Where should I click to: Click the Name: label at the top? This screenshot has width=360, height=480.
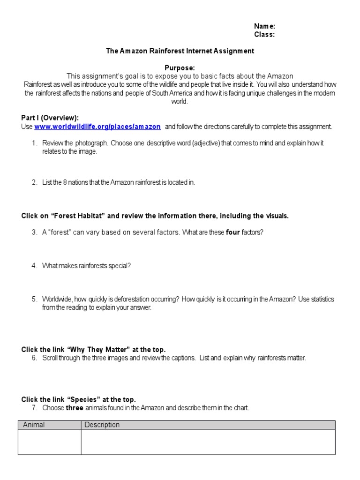(x=264, y=26)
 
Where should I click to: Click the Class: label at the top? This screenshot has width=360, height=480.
(x=264, y=34)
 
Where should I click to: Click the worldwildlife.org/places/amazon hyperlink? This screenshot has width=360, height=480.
(x=97, y=127)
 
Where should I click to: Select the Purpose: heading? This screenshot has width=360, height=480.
(x=180, y=68)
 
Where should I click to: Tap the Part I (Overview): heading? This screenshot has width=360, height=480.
(x=50, y=118)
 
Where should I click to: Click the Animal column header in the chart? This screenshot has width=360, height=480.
(x=34, y=425)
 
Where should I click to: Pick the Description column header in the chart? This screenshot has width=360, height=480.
(x=102, y=425)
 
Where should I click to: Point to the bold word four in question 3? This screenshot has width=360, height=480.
(x=233, y=232)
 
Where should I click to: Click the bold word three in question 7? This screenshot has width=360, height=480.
(x=75, y=408)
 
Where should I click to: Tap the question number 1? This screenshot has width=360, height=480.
(x=34, y=143)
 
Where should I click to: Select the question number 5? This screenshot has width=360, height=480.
(x=34, y=299)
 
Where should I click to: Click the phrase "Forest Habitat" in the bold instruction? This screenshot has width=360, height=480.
(x=78, y=216)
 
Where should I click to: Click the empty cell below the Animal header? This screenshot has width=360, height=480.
(x=49, y=442)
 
